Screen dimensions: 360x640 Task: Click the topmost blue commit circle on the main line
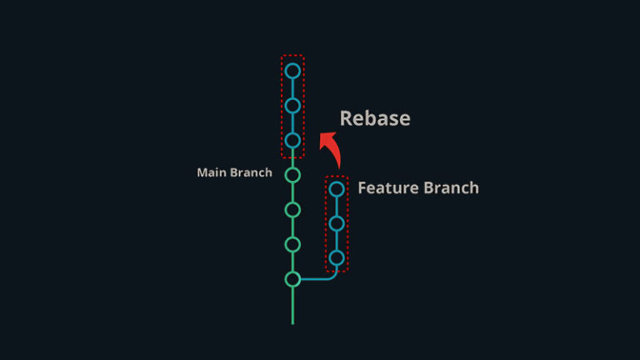click(292, 71)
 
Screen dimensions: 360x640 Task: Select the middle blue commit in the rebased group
click(292, 106)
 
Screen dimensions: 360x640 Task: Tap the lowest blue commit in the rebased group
click(292, 140)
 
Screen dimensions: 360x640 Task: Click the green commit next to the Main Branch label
click(292, 175)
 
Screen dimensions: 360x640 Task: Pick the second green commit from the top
click(292, 209)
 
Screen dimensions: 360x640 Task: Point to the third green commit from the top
click(292, 244)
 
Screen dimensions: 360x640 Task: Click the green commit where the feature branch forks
click(292, 279)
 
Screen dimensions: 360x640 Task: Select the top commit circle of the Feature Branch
click(337, 189)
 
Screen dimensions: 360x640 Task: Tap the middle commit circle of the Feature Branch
click(337, 223)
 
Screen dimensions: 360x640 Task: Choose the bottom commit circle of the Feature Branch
click(337, 258)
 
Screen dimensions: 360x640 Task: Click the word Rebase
click(374, 118)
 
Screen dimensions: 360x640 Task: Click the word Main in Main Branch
click(212, 173)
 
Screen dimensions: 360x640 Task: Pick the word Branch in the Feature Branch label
click(450, 188)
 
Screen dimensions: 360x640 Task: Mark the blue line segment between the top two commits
click(292, 88)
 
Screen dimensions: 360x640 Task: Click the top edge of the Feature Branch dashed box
click(337, 176)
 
